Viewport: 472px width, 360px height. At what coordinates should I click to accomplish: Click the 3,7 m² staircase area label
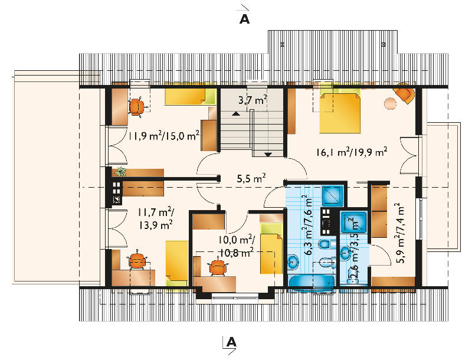tap(253, 100)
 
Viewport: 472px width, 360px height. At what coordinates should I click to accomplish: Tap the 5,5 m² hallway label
tap(251, 178)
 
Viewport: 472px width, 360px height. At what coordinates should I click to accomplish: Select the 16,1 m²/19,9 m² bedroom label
tap(351, 152)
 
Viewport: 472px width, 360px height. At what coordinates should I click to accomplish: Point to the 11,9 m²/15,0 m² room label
tap(164, 136)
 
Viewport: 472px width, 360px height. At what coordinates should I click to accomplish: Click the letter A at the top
tap(244, 19)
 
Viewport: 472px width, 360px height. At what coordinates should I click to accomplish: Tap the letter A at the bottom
tap(231, 342)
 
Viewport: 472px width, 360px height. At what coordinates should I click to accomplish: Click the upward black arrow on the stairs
tap(236, 114)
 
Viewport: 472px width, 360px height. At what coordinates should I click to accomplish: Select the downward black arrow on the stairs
tap(268, 155)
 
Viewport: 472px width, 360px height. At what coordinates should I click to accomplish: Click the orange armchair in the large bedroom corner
tap(404, 93)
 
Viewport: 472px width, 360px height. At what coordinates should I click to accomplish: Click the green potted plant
tap(120, 171)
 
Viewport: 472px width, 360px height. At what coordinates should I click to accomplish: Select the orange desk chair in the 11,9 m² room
tap(137, 107)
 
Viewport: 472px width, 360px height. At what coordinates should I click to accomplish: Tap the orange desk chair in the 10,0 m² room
tap(217, 267)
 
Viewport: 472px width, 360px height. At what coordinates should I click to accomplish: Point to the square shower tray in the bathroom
tap(333, 196)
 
